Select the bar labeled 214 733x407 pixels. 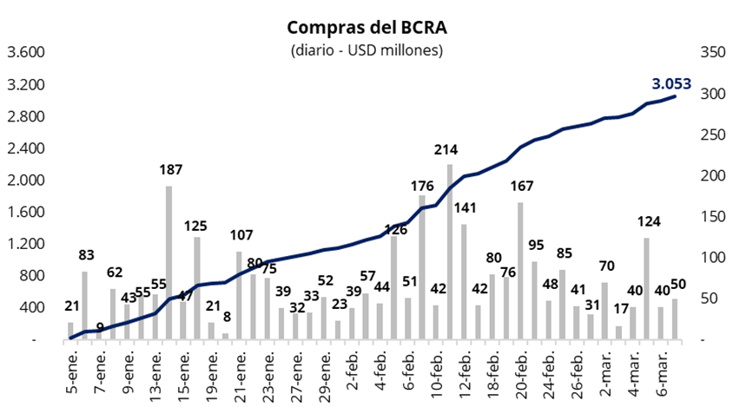pyautogui.click(x=450, y=252)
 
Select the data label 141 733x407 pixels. pyautogui.click(x=465, y=207)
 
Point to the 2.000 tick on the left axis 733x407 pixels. pyautogui.click(x=26, y=181)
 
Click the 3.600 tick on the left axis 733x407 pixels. pyautogui.click(x=26, y=52)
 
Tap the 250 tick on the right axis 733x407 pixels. pyautogui.click(x=711, y=135)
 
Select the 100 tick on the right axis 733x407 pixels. pyautogui.click(x=711, y=258)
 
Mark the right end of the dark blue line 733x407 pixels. pyautogui.click(x=675, y=96)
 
